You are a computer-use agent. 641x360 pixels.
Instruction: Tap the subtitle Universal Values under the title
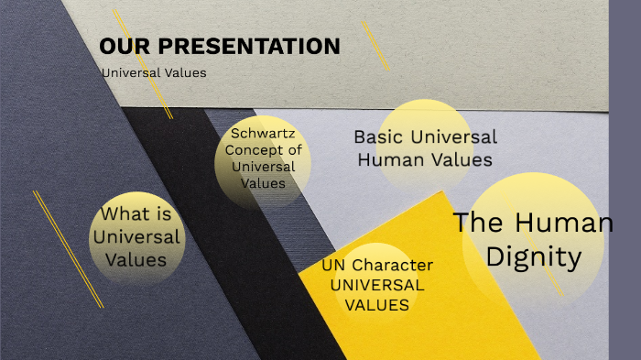pos(154,73)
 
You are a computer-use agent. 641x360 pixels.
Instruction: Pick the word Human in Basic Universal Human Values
pos(390,160)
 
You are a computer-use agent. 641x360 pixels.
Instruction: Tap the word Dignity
pos(533,257)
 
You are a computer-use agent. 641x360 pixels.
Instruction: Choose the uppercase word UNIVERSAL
pos(377,285)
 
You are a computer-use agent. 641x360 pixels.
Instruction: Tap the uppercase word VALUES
pos(377,304)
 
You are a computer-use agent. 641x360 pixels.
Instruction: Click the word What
pos(125,215)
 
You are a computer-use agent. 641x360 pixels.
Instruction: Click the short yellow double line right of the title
pos(376,45)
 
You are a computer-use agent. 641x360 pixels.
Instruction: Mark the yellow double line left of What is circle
pos(68,248)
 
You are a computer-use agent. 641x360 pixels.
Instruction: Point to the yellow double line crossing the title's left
pos(142,63)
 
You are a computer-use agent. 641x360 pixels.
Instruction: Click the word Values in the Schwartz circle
pos(263,183)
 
